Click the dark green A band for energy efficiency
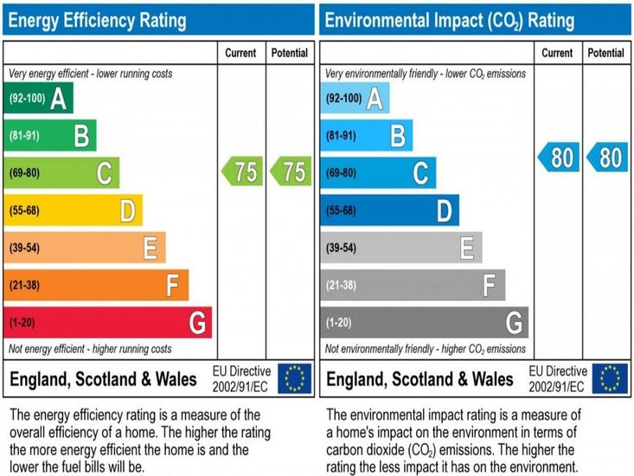38,98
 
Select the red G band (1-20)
107,323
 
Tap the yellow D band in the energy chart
73,210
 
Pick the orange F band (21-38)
95,286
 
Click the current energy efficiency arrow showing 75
242,171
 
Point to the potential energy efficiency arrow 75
291,171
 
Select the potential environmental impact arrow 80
607,158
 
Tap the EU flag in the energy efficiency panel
295,378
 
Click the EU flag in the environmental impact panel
612,378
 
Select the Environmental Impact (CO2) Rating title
449,19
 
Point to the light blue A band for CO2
355,98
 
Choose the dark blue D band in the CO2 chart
389,210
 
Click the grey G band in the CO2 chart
424,323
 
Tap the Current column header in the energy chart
240,53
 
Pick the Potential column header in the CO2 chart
606,53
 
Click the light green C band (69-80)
61,173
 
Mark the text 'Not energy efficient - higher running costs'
90,349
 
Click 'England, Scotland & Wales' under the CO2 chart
419,379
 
